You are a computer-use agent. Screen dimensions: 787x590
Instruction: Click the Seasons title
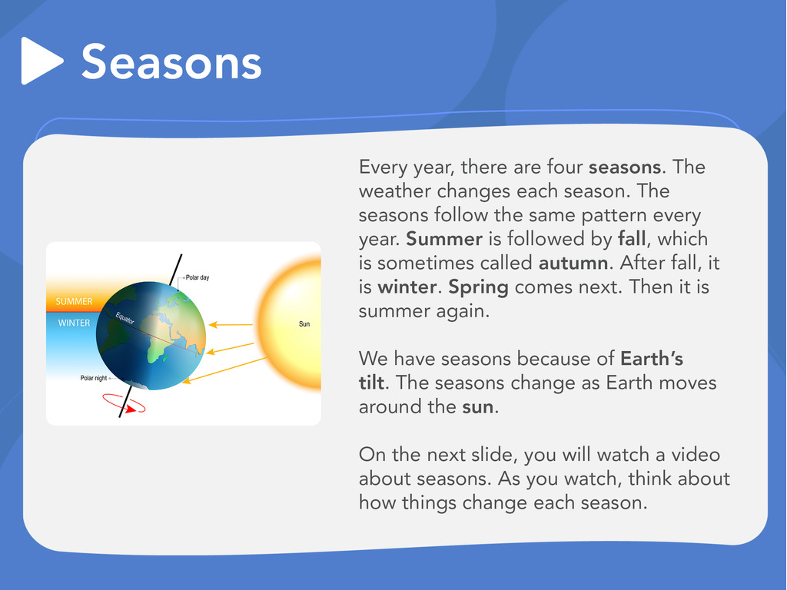(171, 61)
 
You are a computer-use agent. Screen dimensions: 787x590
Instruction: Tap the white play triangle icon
(42, 61)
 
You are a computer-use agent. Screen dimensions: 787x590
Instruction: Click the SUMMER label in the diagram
(74, 301)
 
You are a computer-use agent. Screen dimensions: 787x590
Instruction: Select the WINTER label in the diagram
(74, 323)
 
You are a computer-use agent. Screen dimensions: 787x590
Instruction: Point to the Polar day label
(198, 277)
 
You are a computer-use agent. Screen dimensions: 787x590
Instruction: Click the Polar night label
(93, 378)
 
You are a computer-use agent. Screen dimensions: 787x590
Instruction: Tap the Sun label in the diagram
(304, 324)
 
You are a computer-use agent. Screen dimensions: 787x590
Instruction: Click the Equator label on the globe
(125, 318)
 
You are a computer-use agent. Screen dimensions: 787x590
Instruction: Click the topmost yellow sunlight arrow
(231, 325)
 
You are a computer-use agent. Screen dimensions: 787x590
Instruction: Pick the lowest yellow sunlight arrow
(224, 370)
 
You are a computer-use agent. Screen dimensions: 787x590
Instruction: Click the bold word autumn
(573, 263)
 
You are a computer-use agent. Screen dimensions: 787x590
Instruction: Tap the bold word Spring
(478, 288)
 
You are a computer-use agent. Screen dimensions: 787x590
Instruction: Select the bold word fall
(632, 239)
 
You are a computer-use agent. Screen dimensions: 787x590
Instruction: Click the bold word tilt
(371, 383)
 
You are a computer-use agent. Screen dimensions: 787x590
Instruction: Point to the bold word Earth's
(652, 359)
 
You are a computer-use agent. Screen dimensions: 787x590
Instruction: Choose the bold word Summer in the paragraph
(444, 239)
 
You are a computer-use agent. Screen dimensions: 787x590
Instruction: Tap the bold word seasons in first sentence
(625, 167)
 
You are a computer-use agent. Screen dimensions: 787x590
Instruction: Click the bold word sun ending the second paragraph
(478, 407)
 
